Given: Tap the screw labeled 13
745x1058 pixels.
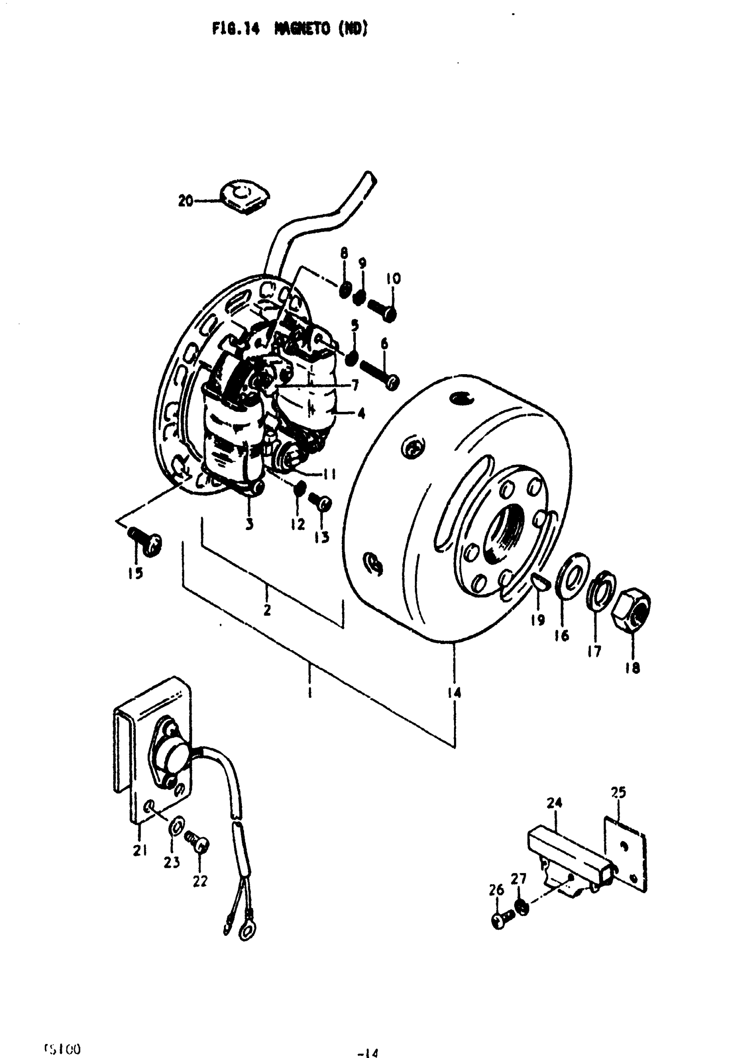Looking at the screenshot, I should (319, 501).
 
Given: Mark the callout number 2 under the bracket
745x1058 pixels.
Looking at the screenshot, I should (267, 610).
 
